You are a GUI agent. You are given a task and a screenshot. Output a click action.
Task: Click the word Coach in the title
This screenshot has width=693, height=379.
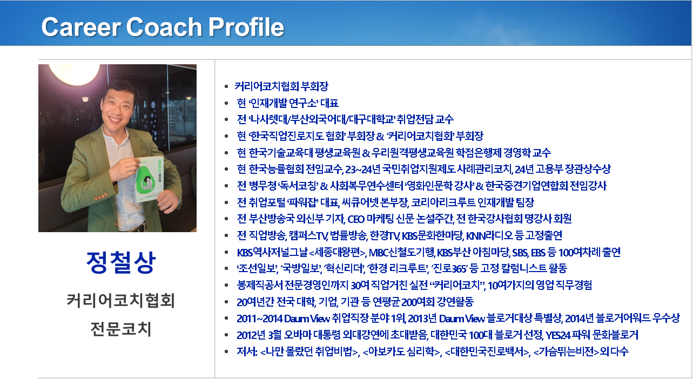(164, 27)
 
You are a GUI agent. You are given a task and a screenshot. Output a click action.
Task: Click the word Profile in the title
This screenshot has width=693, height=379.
(246, 27)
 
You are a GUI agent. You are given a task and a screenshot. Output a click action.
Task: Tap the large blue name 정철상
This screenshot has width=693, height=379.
(120, 262)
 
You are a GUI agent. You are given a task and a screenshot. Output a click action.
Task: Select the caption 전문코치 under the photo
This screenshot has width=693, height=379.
(120, 329)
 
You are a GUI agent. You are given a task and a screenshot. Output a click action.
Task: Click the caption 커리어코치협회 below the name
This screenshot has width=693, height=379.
(120, 301)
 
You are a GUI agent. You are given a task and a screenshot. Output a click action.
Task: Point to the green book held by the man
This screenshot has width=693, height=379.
(150, 178)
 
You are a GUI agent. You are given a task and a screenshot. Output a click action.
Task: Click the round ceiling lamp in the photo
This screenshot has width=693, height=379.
(74, 73)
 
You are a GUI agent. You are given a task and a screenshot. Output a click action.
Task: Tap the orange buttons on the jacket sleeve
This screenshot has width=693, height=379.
(101, 196)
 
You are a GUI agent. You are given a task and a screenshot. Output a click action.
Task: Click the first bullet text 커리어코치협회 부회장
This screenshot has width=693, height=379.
(281, 86)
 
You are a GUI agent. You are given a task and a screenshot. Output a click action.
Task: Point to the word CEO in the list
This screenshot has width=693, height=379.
(356, 219)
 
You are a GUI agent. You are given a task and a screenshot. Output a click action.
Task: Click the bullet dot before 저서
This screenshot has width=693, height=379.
(226, 351)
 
